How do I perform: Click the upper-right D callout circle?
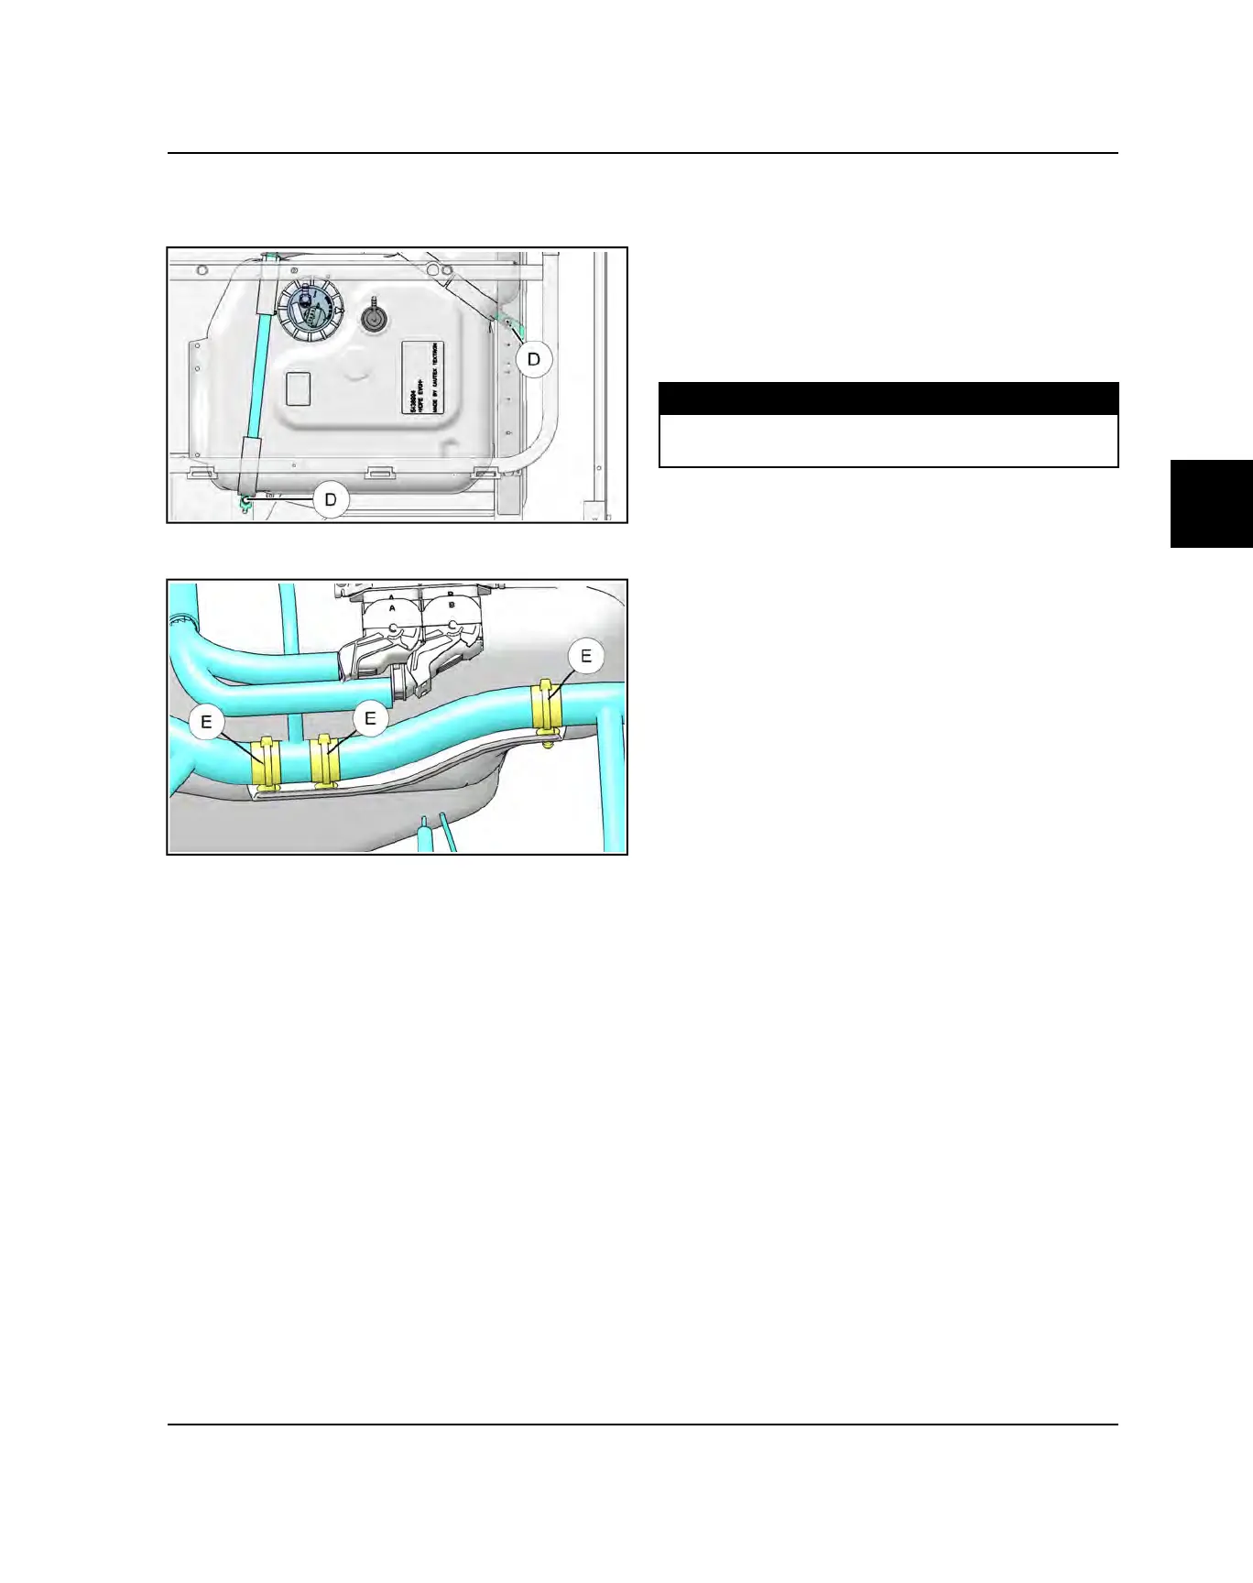[x=534, y=359]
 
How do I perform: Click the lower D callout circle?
[x=331, y=500]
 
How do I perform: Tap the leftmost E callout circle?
[x=206, y=722]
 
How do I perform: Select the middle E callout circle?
[x=370, y=717]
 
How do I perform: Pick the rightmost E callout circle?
[x=586, y=656]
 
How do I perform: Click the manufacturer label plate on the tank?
[x=423, y=377]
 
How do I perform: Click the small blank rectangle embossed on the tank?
[x=300, y=388]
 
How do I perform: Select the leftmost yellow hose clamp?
[x=267, y=764]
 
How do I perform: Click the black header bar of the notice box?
[x=888, y=399]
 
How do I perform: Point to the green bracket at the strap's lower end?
[x=245, y=501]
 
